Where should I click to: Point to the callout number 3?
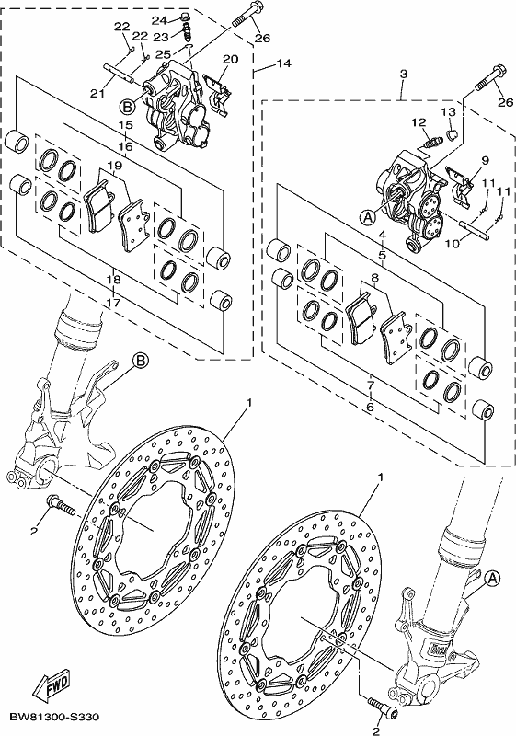click(x=404, y=74)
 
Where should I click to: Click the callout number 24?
click(x=159, y=20)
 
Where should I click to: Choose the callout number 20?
click(x=230, y=59)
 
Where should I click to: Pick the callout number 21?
click(x=97, y=94)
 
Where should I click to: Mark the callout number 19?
click(x=115, y=165)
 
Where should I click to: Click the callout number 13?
click(x=449, y=111)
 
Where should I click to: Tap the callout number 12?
click(x=419, y=123)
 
